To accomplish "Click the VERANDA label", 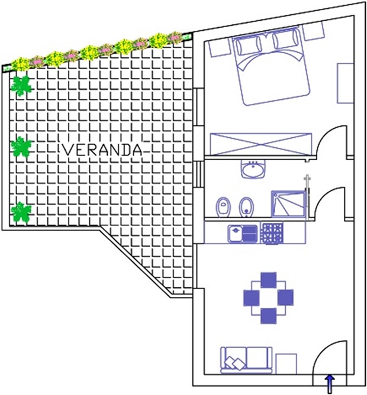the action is pos(102,150).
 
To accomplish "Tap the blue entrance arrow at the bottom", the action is pos(330,384).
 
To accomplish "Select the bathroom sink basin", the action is pos(253,169).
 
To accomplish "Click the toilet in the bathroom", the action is pos(223,207).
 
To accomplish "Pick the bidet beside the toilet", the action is pos(246,207).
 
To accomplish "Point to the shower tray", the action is pos(288,204).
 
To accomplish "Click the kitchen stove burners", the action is pos(272,233).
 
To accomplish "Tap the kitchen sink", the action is pos(243,234).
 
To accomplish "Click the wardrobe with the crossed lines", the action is pos(261,144).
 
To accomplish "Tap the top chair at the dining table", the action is pos(269,280).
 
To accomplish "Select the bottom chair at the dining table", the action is pos(269,316).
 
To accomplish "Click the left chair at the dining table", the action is pos(252,298).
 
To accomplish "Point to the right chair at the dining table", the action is pos(285,297).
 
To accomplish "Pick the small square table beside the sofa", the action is pos(286,364).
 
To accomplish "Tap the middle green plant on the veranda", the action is pos(21,147).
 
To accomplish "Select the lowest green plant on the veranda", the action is pos(21,213).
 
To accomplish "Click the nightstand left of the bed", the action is pos(219,48).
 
